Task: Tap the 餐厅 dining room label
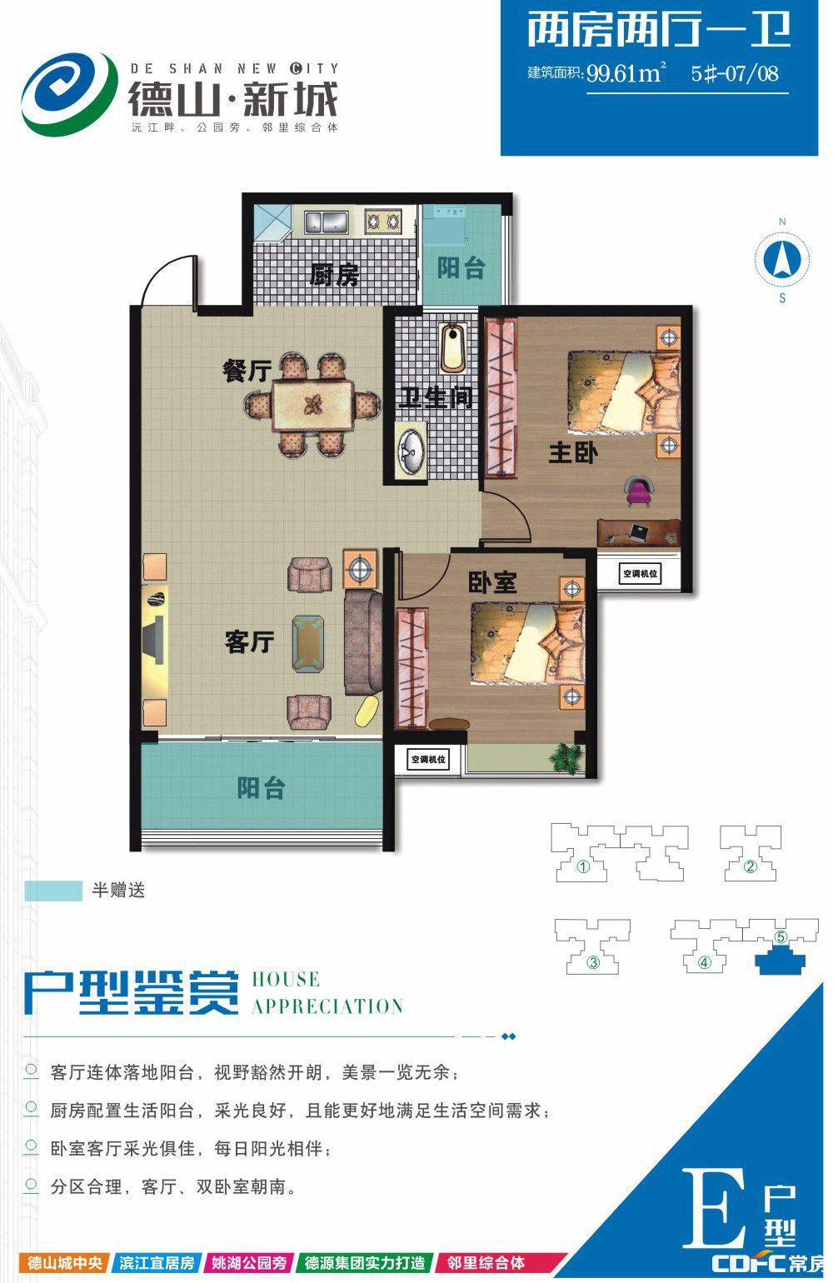(247, 370)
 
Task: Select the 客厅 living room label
(249, 641)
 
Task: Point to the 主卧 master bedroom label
(573, 452)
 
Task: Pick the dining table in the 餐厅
(312, 406)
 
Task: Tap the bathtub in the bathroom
(453, 347)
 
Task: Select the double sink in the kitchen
(326, 221)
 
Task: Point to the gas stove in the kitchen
(383, 221)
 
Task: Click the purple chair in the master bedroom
(639, 491)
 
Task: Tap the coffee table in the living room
(308, 643)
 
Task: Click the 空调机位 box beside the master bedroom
(640, 573)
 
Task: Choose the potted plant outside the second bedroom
(566, 757)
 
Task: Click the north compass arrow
(781, 259)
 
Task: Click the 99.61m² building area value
(626, 74)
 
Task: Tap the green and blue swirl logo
(67, 94)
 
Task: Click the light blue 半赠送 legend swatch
(53, 891)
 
